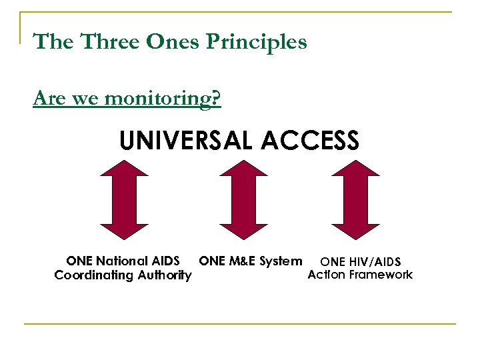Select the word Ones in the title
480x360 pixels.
175,42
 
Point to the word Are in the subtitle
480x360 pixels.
47,99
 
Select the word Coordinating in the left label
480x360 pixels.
93,275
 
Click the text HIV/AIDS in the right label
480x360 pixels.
374,262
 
